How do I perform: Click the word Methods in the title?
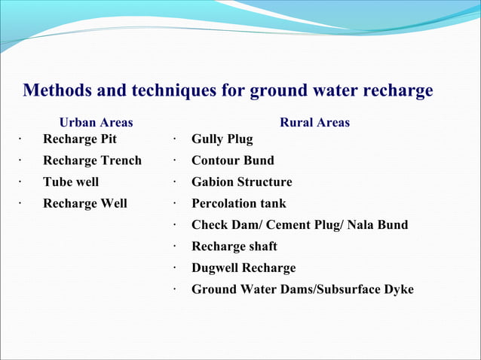coord(57,91)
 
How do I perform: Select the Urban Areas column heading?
coord(96,122)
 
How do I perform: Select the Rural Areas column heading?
coord(314,122)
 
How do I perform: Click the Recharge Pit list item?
coord(79,139)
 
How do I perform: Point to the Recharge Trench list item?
coord(92,160)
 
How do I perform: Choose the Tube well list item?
coord(70,182)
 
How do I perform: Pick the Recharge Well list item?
coord(84,203)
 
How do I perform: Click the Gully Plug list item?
coord(222,139)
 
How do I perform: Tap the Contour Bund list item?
coord(232,160)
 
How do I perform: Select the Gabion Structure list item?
coord(241,182)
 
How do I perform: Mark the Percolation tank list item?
coord(238,203)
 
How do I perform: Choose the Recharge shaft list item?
coord(234,246)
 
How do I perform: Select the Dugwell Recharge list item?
coord(243,267)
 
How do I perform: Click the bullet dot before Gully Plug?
coord(173,139)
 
